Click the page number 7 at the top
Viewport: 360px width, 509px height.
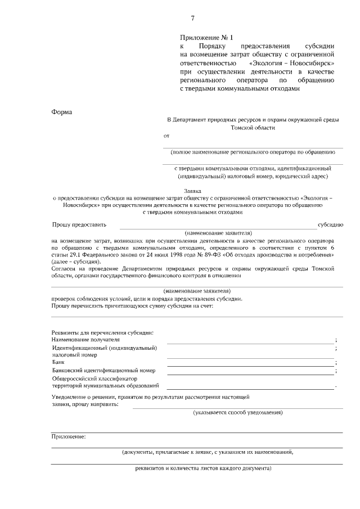pos(192,19)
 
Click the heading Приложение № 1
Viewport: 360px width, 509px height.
pos(205,37)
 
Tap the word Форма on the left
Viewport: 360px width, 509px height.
pos(62,111)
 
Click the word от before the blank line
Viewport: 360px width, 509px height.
pos(166,136)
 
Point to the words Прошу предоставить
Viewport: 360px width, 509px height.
pos(79,224)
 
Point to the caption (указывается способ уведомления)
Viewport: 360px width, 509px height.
pos(237,412)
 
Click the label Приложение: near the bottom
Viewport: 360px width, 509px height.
pos(69,436)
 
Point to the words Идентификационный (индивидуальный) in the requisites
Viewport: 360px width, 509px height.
pos(105,348)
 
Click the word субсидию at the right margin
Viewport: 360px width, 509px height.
pos(330,224)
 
